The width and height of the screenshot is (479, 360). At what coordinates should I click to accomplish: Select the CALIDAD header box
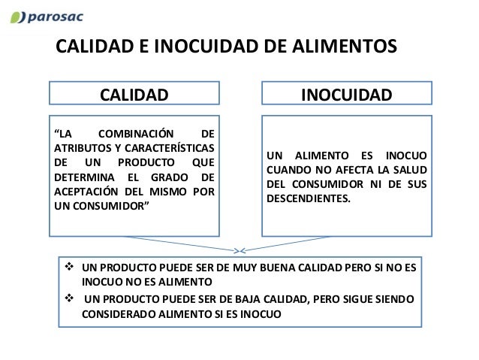pos(135,95)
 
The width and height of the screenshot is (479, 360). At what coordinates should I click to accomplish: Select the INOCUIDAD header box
pos(346,95)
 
